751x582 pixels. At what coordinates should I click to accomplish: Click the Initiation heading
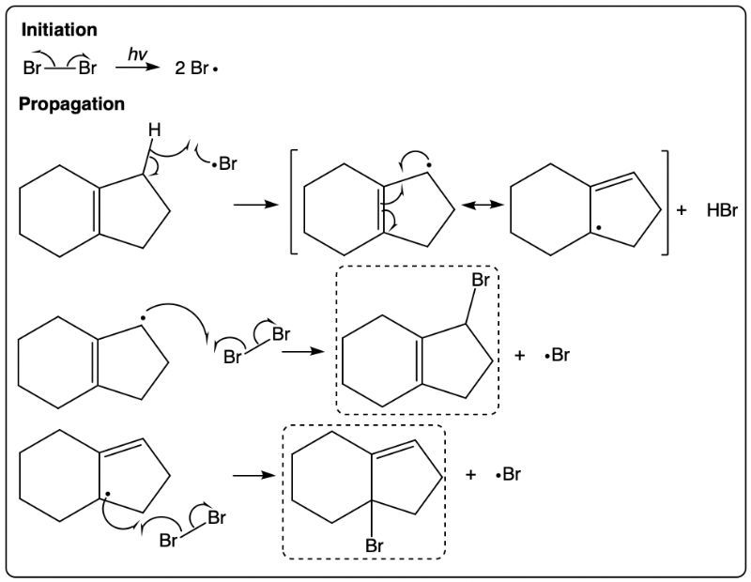[59, 30]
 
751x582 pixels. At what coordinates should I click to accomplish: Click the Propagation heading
[72, 104]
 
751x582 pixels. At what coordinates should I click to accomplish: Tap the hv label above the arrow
[137, 54]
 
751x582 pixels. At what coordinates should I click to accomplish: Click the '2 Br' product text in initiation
[192, 69]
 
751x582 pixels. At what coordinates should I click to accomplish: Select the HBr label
[722, 210]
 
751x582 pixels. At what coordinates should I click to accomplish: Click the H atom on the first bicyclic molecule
[154, 130]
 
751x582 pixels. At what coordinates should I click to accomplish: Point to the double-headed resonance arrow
[483, 205]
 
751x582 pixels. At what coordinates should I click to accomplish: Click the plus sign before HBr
[682, 210]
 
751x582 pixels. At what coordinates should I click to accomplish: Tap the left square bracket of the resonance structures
[294, 202]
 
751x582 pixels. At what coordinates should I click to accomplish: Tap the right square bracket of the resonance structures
[666, 202]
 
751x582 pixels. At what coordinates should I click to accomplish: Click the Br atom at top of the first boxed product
[481, 280]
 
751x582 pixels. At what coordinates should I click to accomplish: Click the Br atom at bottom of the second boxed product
[374, 545]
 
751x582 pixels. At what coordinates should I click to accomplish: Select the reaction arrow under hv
[137, 68]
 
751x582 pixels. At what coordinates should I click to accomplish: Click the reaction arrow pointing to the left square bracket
[255, 205]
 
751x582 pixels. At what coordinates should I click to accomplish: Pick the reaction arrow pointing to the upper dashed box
[303, 352]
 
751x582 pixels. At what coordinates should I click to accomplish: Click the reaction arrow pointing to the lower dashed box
[254, 476]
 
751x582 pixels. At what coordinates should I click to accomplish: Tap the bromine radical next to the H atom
[225, 164]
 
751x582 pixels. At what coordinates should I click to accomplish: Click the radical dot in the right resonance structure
[598, 228]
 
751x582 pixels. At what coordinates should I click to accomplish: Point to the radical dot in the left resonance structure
[429, 165]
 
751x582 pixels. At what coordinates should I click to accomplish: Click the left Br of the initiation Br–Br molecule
[32, 68]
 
